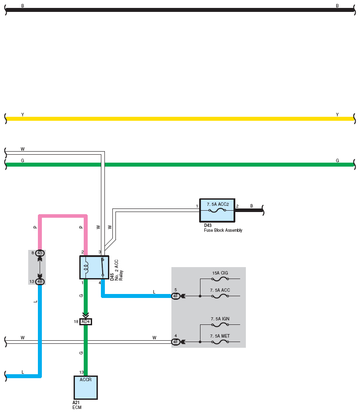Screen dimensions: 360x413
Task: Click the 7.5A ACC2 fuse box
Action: coord(217,210)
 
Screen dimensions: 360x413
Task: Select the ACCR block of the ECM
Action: coord(85,387)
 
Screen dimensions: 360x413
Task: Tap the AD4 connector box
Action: coord(85,322)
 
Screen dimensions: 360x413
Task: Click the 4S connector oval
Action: coord(40,253)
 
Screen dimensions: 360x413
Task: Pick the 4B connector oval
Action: coord(40,282)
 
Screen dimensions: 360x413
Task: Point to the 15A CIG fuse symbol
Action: coord(220,279)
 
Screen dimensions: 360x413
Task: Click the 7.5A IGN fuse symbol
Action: coord(220,324)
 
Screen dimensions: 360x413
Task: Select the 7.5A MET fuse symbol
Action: coord(220,342)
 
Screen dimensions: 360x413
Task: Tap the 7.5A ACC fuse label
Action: coord(220,290)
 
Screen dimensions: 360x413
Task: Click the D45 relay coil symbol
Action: coord(85,268)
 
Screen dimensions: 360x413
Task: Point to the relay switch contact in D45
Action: coord(103,268)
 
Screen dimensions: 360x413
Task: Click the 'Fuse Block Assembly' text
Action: coord(223,230)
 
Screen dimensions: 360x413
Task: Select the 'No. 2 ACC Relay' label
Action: coord(119,270)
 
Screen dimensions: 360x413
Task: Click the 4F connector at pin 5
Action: coord(176,296)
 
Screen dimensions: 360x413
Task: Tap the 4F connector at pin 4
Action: coord(176,342)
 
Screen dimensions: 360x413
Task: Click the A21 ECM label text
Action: coord(77,405)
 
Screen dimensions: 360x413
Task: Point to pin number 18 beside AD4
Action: coord(76,322)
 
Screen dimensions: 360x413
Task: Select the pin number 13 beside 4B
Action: coord(32,282)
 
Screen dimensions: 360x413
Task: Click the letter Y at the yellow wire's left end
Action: coord(22,115)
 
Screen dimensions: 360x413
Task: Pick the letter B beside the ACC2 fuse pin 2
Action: coord(252,206)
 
